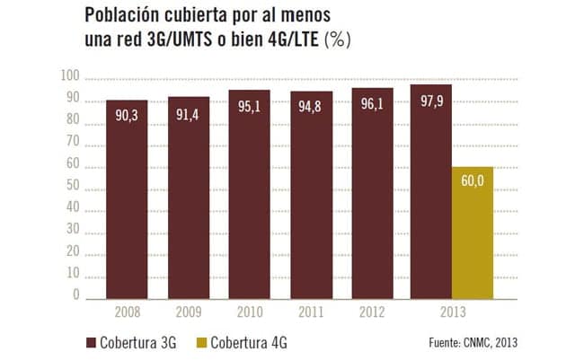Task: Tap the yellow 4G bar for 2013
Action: [472, 233]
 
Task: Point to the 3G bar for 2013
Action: [430, 192]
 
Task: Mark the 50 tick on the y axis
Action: [73, 188]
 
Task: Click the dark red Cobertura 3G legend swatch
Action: [90, 342]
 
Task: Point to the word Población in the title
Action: [121, 17]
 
